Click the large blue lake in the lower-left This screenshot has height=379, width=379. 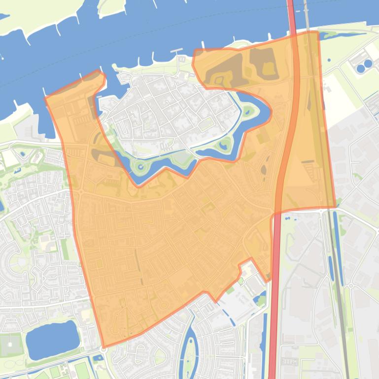coord(52,339)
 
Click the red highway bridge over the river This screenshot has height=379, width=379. coord(291,15)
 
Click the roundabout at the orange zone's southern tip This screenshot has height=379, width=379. coord(103,349)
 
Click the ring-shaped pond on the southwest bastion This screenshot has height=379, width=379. coord(141,167)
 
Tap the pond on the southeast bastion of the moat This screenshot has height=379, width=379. coord(226,144)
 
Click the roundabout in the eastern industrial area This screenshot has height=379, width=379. coord(351,285)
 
